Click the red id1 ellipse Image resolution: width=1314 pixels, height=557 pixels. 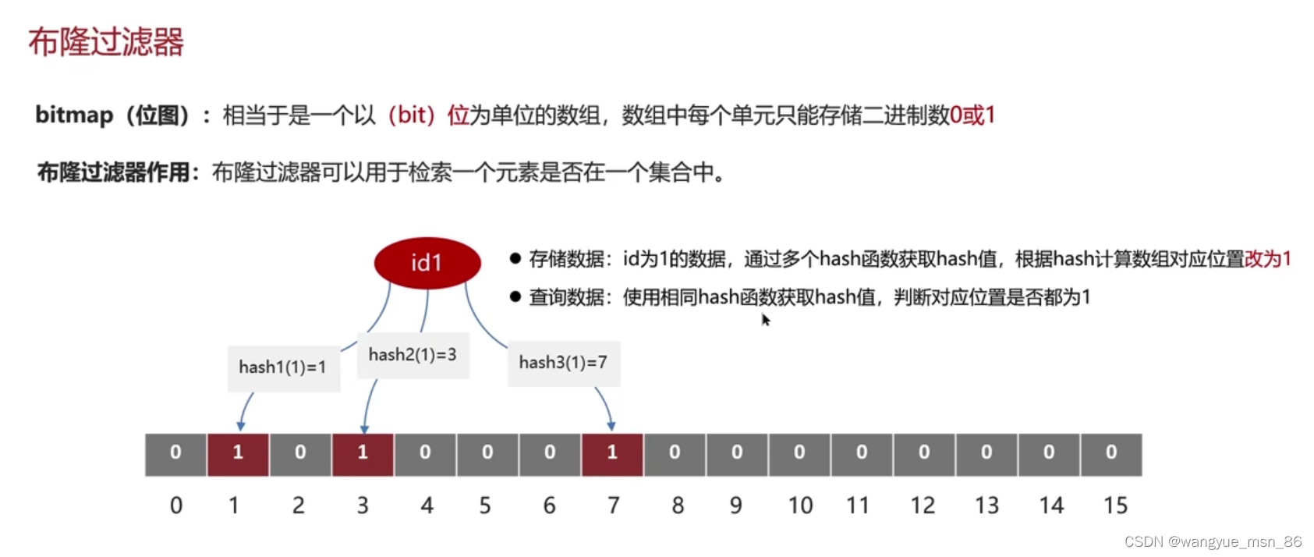[427, 263]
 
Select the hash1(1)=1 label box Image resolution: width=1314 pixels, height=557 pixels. [283, 367]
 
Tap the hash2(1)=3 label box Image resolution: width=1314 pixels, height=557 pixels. [413, 355]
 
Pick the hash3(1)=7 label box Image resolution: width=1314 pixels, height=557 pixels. [563, 363]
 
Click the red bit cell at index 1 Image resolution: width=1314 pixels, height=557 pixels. [238, 453]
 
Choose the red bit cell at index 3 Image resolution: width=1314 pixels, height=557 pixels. [363, 453]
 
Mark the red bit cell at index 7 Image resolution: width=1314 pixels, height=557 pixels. [612, 453]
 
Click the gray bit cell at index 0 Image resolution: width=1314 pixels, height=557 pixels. [175, 453]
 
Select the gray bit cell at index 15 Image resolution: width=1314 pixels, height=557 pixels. [1111, 453]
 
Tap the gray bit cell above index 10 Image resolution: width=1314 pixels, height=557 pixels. [799, 453]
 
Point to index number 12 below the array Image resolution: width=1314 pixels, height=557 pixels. [923, 506]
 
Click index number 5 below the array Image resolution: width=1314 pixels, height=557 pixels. [485, 506]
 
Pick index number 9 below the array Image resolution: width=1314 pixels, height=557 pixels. [735, 506]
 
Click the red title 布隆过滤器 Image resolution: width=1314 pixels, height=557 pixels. [106, 42]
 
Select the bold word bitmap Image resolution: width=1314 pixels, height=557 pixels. [74, 115]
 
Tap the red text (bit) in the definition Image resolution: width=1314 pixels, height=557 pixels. [411, 115]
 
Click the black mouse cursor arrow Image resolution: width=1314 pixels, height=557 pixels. [766, 319]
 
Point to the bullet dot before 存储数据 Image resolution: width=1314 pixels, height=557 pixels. [515, 258]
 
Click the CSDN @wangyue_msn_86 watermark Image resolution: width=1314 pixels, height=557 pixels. [1213, 541]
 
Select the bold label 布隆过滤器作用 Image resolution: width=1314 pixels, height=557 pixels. [114, 172]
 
